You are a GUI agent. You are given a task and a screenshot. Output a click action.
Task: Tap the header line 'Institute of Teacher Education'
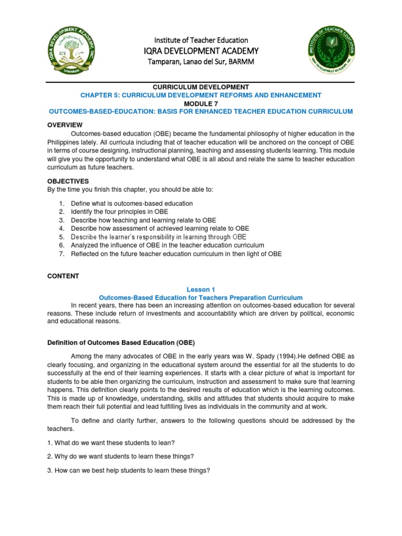click(x=200, y=40)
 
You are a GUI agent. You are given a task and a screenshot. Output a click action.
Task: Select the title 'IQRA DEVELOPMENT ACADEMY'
click(x=200, y=51)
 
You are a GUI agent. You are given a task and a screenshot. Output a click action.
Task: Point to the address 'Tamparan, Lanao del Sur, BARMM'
click(x=200, y=61)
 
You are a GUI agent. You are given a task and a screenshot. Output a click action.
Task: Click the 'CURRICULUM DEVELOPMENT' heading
click(x=200, y=86)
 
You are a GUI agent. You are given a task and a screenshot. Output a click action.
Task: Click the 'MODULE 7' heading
click(x=200, y=103)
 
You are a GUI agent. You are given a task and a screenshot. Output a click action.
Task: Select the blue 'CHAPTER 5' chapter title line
click(x=200, y=95)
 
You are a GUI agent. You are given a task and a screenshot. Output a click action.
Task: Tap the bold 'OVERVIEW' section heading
click(x=65, y=125)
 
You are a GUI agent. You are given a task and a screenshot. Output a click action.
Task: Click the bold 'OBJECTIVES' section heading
click(x=68, y=181)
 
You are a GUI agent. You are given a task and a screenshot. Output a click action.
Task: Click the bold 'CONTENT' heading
click(x=63, y=276)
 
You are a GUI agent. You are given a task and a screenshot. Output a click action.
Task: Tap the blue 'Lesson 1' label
click(x=200, y=289)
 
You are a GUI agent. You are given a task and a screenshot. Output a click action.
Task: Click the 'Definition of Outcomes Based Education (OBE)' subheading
click(x=121, y=343)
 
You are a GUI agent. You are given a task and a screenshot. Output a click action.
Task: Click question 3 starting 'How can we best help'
click(x=129, y=470)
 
